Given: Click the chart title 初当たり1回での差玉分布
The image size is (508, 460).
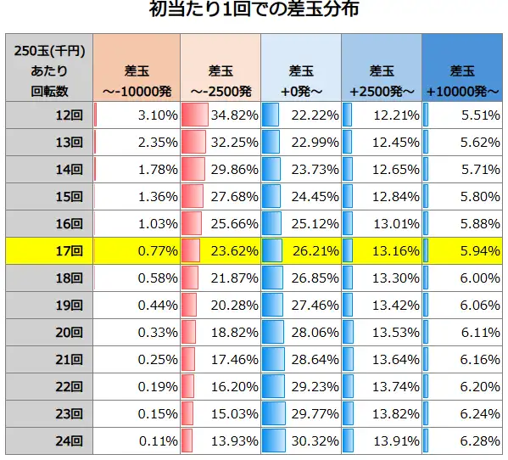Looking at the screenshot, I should coord(254,12).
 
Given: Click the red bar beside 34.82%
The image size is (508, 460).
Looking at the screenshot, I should coord(195,115).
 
